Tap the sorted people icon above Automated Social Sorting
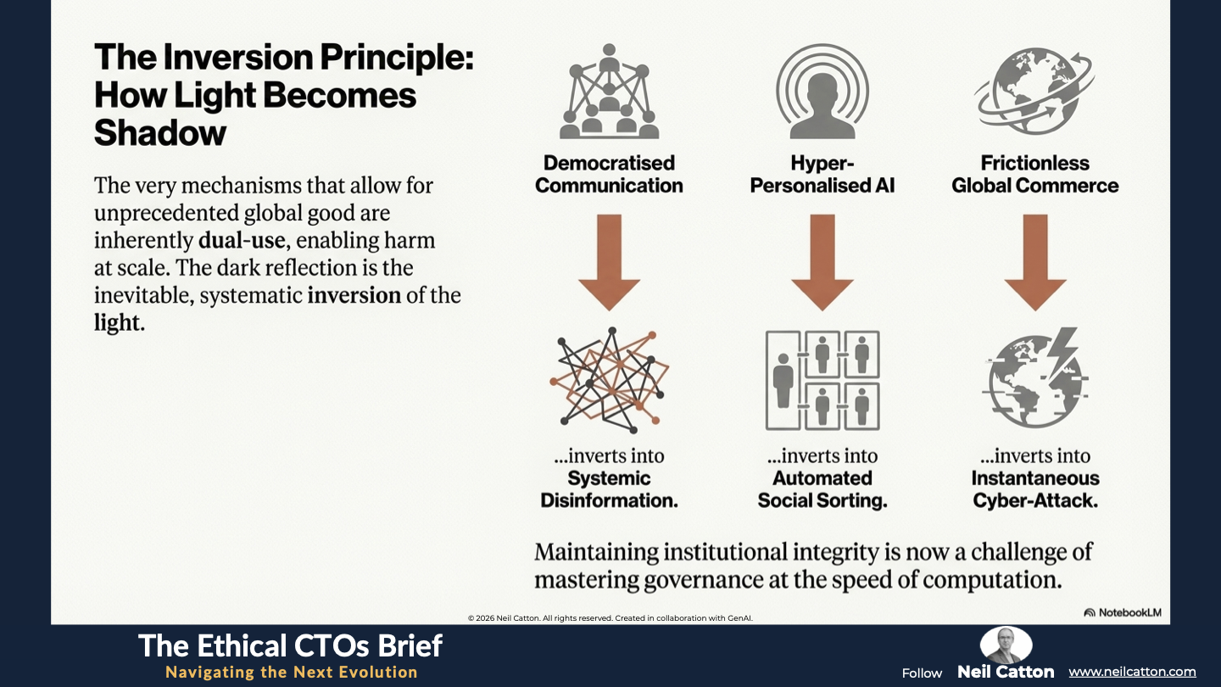(x=822, y=379)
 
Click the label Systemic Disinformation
(x=609, y=489)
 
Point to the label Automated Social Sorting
(x=822, y=489)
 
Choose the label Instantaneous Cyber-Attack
(x=1034, y=489)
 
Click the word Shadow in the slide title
(x=160, y=132)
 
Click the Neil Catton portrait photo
(x=1006, y=645)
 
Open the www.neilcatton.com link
(x=1132, y=672)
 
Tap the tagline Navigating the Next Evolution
(x=291, y=673)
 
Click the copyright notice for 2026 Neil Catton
(x=610, y=618)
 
